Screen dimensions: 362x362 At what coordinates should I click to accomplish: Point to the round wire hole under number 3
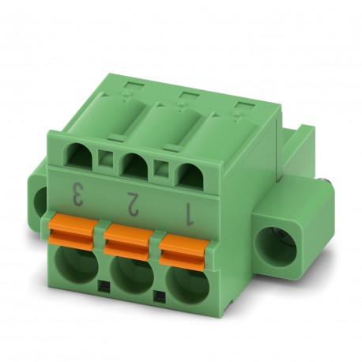75,262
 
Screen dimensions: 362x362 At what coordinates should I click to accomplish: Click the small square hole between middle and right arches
163,168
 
